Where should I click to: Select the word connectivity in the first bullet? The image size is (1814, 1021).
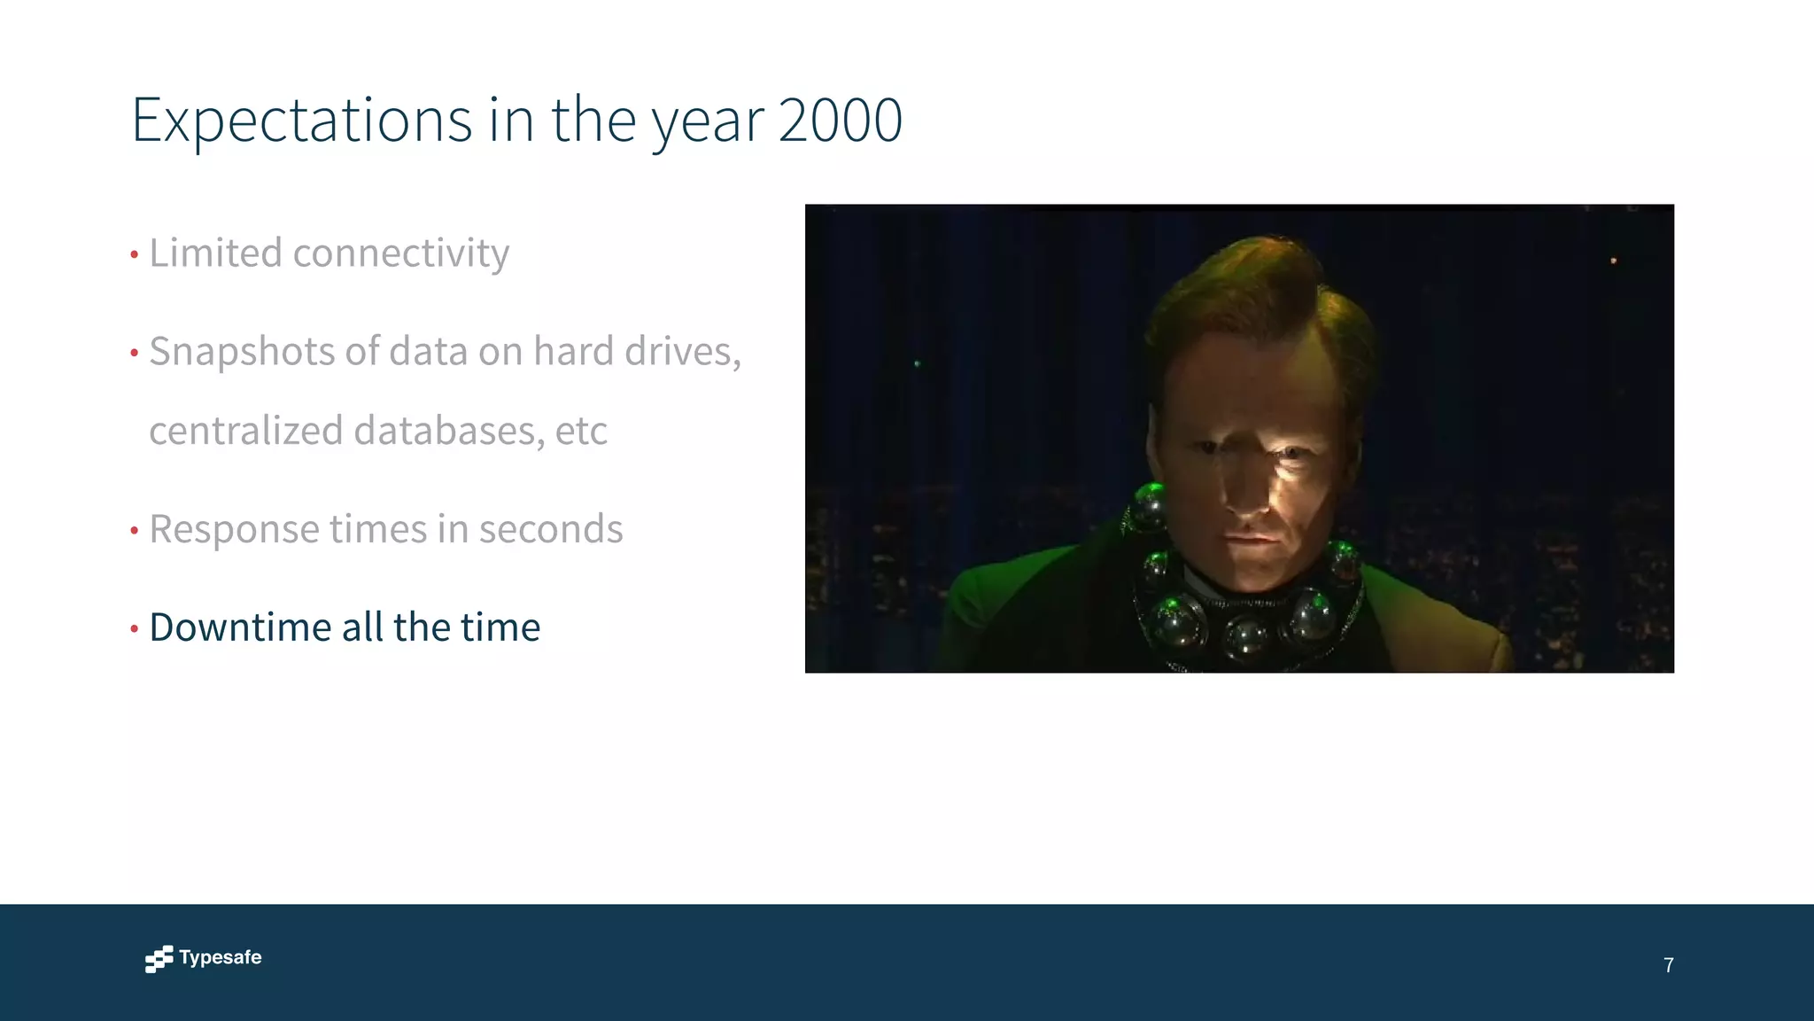(x=400, y=253)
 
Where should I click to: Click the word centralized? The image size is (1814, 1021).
(x=245, y=431)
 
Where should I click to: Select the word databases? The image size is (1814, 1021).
(x=448, y=431)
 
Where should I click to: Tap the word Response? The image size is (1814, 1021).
(x=233, y=530)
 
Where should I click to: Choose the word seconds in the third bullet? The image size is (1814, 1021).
(x=550, y=530)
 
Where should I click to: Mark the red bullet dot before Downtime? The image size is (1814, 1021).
(x=135, y=629)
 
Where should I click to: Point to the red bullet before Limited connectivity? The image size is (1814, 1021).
(x=135, y=255)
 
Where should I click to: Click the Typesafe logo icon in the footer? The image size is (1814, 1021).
(x=159, y=958)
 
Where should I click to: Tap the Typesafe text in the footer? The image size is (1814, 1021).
(x=221, y=957)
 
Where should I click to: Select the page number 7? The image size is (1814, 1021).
(x=1669, y=965)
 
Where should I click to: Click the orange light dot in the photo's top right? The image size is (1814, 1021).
(x=1613, y=261)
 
